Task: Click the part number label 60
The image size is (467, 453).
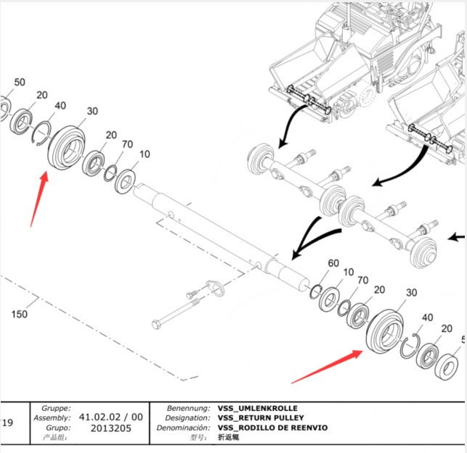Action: [x=333, y=263]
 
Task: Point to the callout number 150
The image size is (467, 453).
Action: [x=20, y=314]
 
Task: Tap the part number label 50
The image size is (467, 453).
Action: [x=20, y=82]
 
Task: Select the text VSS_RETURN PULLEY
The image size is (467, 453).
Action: [x=261, y=417]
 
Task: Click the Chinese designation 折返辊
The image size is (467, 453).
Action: [x=228, y=437]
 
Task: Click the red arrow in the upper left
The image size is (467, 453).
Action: [x=38, y=199]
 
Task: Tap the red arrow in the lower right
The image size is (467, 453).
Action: [x=327, y=365]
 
